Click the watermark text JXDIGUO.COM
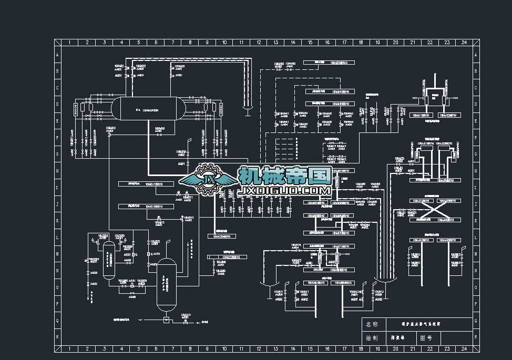(284, 190)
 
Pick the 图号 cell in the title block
(426, 338)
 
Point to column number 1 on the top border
(70, 42)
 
